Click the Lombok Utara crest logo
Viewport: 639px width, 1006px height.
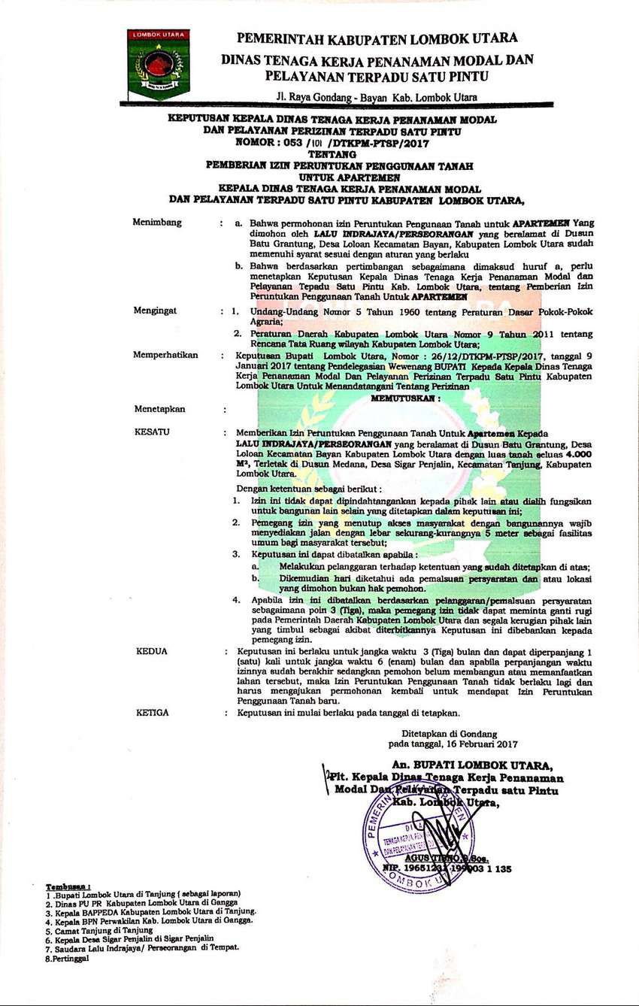coord(158,63)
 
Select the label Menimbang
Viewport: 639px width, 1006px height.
coord(157,223)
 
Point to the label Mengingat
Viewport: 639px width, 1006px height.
coord(156,310)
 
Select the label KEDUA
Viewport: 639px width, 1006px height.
coord(152,651)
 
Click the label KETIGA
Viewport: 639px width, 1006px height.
coord(153,712)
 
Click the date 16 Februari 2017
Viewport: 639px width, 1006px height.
coord(481,744)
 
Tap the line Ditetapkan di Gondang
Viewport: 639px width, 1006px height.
coord(448,734)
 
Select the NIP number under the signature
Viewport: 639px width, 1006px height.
coord(447,868)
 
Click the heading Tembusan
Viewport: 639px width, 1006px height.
coord(68,887)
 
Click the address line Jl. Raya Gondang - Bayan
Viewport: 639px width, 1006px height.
coord(376,97)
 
